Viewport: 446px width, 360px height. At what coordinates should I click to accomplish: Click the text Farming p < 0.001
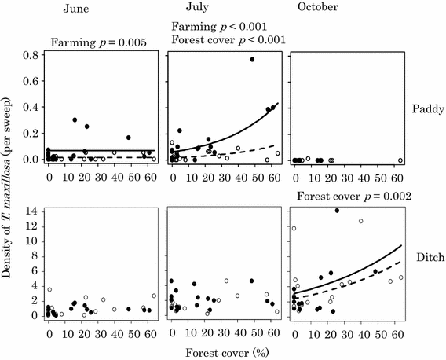[221, 27]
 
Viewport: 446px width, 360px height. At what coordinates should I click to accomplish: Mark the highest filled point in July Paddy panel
[252, 60]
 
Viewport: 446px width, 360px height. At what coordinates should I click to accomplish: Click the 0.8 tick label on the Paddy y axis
[31, 55]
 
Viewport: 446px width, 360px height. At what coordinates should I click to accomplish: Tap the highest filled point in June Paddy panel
[75, 120]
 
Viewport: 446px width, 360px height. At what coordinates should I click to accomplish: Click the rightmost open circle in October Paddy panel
[400, 160]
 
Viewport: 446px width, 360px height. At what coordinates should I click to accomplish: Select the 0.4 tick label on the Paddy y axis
[31, 107]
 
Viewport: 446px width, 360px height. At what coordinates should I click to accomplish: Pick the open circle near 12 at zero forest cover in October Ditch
[294, 229]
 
